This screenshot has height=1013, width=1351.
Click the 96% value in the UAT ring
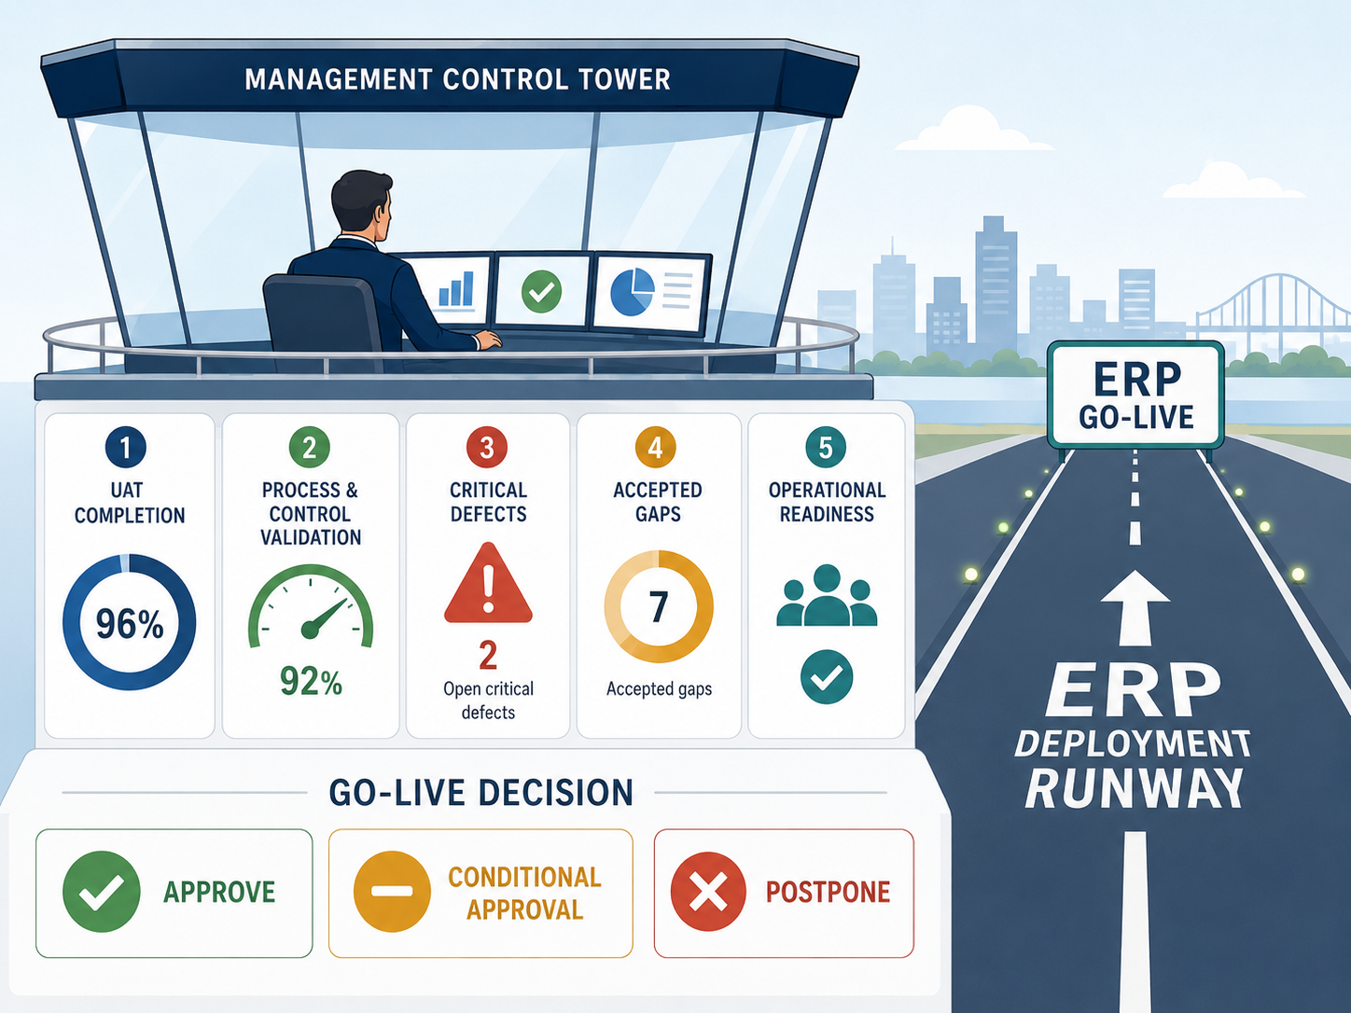130,624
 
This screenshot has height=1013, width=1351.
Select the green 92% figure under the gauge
311,682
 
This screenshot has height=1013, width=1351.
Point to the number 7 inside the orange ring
659,607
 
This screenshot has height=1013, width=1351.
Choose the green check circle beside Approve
102,892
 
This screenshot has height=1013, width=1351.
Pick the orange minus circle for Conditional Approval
392,892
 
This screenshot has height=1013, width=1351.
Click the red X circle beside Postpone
708,892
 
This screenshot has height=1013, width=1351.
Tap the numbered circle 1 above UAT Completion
126,447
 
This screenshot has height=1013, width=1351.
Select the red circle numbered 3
487,447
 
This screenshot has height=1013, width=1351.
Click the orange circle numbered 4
656,447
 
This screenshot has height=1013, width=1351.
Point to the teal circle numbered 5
826,447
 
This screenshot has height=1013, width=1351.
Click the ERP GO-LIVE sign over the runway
1135,395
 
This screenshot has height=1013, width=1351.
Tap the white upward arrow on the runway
1135,607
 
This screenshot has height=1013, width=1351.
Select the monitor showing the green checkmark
543,291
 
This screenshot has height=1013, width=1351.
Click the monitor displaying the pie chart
650,294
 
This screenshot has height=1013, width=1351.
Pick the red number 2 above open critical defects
488,655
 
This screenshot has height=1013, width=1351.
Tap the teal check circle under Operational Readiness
827,676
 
